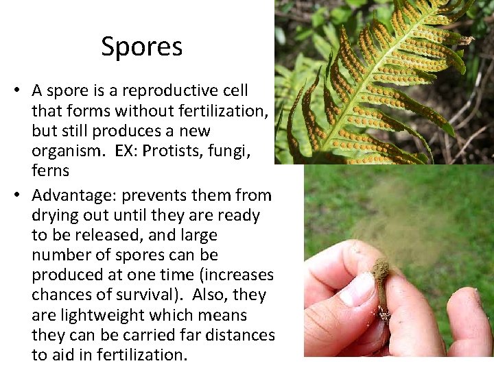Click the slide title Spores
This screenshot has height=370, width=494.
point(141,47)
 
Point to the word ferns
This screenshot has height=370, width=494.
point(50,169)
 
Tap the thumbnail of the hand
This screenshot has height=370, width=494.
point(357,288)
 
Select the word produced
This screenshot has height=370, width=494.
point(64,275)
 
